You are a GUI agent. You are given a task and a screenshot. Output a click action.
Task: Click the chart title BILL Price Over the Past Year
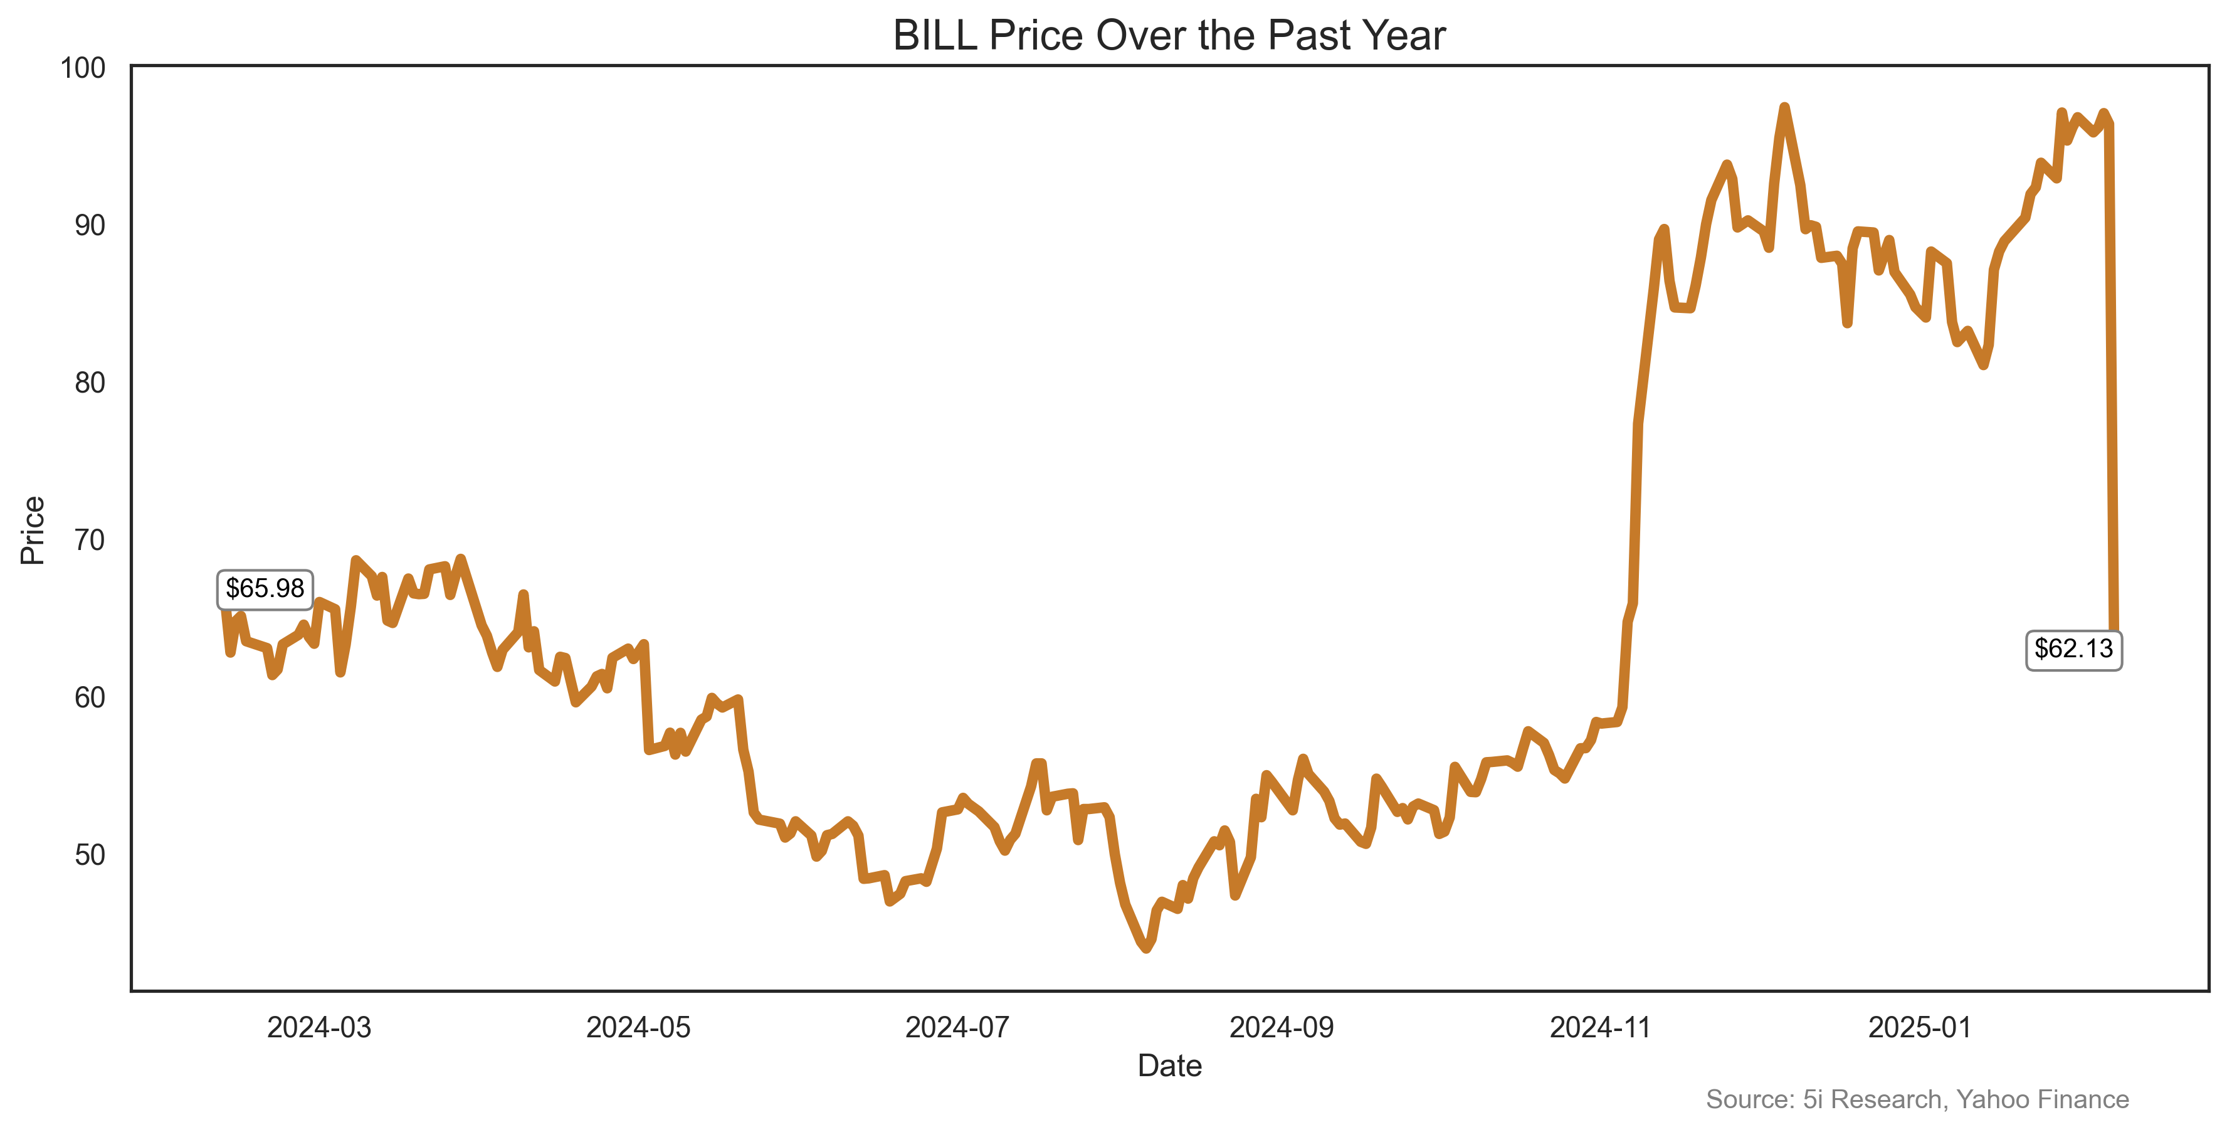pos(1169,36)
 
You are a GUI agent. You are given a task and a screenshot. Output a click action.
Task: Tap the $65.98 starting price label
pos(265,589)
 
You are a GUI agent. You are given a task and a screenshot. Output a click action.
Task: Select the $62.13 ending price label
pos(2073,648)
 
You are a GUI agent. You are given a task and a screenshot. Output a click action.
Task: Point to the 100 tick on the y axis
pos(82,68)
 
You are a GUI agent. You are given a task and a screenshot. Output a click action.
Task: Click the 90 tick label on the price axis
pos(89,226)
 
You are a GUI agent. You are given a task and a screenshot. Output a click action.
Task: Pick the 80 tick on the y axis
pos(89,383)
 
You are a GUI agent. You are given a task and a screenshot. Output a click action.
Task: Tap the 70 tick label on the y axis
pos(89,541)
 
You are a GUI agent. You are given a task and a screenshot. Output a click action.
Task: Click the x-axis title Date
pos(1169,1066)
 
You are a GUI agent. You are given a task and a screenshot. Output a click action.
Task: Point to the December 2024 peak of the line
pos(1784,107)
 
